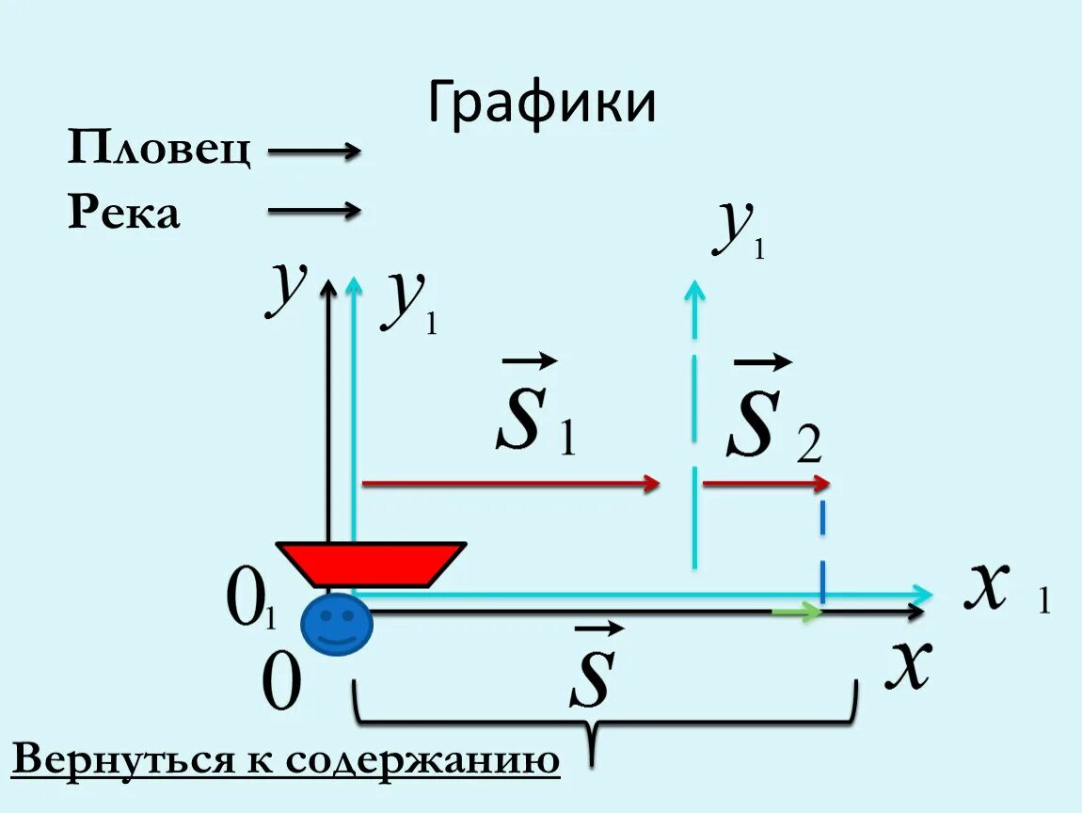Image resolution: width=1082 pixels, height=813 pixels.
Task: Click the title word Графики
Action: [541, 104]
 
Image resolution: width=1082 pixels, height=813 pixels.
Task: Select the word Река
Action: [123, 214]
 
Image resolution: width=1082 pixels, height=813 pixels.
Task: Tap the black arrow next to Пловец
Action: [314, 151]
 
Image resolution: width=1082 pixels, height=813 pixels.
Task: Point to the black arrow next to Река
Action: [314, 211]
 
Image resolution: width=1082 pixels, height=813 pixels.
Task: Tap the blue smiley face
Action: [336, 624]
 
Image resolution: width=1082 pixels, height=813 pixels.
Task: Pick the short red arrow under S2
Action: [765, 484]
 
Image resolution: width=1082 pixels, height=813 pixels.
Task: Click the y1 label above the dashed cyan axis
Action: [738, 230]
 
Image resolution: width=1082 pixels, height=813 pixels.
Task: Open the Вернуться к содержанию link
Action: [286, 759]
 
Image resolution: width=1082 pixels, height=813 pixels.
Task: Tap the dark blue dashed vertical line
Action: [822, 555]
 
